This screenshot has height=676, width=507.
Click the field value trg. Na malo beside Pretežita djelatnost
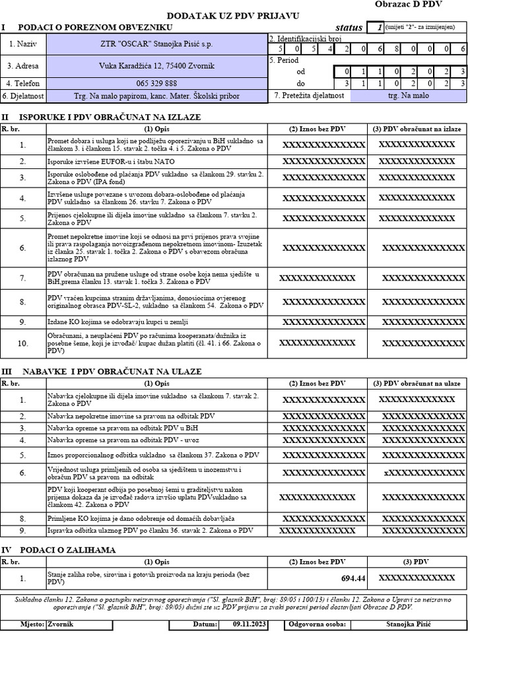click(408, 96)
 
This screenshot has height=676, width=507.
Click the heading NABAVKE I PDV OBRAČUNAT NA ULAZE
click(111, 372)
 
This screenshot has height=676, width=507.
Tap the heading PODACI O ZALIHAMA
click(68, 549)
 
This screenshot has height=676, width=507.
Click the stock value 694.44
click(353, 578)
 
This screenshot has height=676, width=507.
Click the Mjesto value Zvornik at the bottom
click(61, 624)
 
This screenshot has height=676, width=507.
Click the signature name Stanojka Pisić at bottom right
click(408, 624)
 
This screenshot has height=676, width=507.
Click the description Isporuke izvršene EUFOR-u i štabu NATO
click(112, 161)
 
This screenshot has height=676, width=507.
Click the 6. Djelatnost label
click(23, 96)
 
